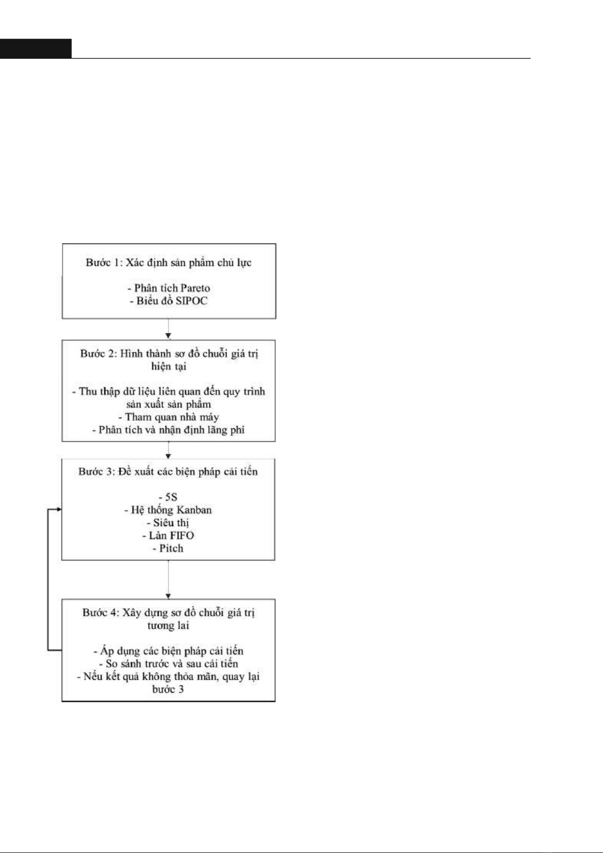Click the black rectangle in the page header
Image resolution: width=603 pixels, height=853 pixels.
[36, 49]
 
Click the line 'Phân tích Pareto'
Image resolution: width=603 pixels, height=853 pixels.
[169, 288]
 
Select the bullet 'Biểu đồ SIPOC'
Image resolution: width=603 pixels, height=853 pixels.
[169, 301]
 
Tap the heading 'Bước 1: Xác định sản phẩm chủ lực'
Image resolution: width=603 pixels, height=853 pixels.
[168, 263]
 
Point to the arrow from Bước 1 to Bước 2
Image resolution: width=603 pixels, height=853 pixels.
[168, 329]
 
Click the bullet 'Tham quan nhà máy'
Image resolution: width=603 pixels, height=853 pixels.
[168, 417]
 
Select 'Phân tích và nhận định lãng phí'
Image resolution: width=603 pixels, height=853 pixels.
[168, 430]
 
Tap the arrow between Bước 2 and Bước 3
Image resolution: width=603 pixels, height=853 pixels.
[168, 450]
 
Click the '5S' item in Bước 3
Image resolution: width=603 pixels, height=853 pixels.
[168, 497]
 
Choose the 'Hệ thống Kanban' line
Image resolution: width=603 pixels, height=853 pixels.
[168, 510]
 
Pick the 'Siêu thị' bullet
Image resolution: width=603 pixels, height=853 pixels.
[168, 523]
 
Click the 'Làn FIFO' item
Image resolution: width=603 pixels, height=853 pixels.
[168, 536]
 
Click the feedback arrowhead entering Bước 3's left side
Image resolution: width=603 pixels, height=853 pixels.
[59, 509]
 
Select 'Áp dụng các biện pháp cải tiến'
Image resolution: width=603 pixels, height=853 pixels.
[168, 651]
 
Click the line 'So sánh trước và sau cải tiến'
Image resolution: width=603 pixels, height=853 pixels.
[168, 664]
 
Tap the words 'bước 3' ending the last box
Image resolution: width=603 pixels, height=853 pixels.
[168, 689]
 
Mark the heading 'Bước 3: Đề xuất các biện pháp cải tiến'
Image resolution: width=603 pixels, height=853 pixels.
[168, 472]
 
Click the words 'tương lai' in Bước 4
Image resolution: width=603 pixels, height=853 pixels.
[168, 626]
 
